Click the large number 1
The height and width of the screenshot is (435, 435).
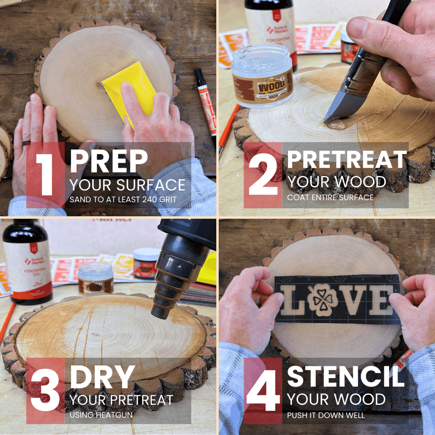[x=44, y=175]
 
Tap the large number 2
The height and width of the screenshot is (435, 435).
[x=263, y=175]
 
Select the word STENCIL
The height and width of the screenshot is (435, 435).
[x=345, y=376]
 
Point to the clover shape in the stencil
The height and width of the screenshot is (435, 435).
[x=323, y=300]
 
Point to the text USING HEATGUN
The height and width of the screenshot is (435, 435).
[x=101, y=415]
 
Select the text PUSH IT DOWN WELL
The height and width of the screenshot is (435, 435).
[x=326, y=415]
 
